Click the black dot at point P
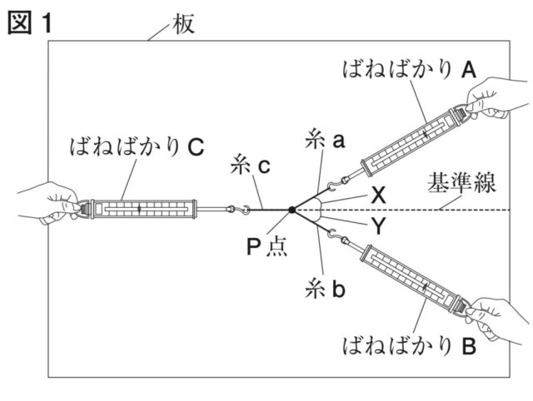click(x=291, y=210)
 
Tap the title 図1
click(x=30, y=22)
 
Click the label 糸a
click(x=326, y=141)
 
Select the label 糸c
click(x=249, y=166)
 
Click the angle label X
click(x=378, y=196)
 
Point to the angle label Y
click(x=378, y=227)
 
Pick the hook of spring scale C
click(x=245, y=210)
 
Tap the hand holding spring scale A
click(x=498, y=97)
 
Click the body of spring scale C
click(x=139, y=209)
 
